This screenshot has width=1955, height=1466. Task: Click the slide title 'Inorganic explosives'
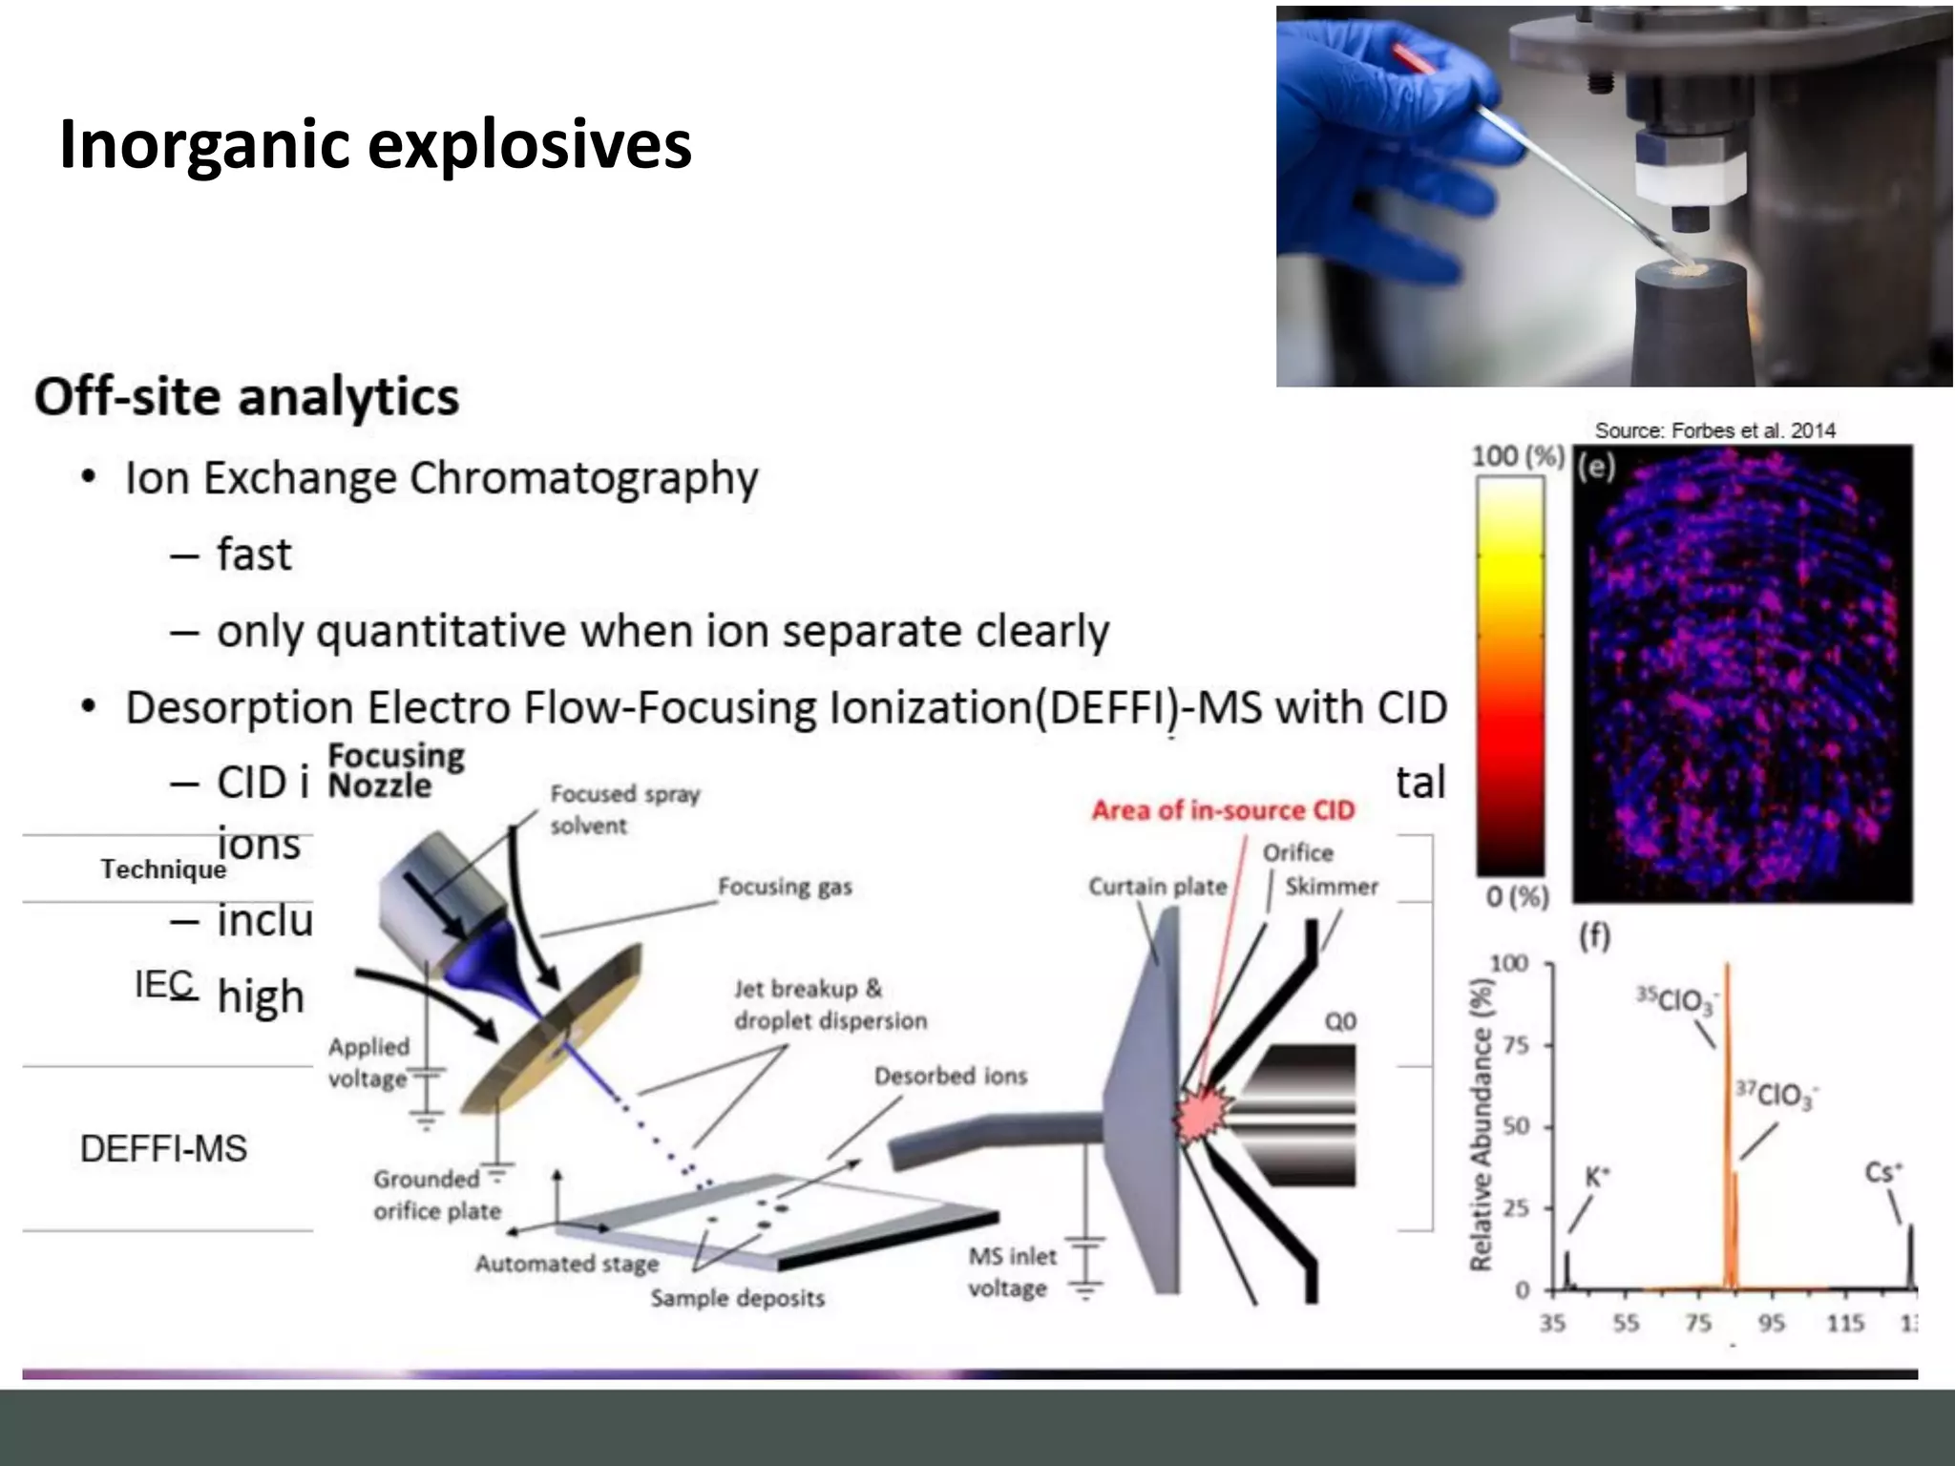click(375, 145)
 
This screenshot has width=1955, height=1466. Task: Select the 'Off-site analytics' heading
click(246, 397)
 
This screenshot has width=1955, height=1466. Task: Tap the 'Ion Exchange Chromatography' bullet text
click(442, 478)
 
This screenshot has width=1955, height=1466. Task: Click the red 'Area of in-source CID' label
click(1223, 810)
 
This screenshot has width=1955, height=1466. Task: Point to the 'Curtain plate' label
click(1157, 887)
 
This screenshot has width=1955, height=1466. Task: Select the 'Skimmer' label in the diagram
click(1331, 887)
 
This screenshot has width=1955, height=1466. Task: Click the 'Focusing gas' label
click(785, 887)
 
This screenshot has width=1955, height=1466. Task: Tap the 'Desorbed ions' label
click(951, 1076)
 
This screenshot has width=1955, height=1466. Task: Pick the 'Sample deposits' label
click(738, 1298)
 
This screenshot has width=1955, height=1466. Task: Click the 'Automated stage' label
click(567, 1264)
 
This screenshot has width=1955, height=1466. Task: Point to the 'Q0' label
click(1340, 1021)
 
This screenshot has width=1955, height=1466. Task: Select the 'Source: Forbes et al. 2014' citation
click(1714, 430)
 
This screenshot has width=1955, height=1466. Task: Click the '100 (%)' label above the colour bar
click(1517, 456)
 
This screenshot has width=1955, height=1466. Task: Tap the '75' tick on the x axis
click(1698, 1323)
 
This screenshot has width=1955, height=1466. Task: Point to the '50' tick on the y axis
click(1517, 1126)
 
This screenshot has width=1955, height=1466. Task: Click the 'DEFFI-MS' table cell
click(163, 1149)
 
